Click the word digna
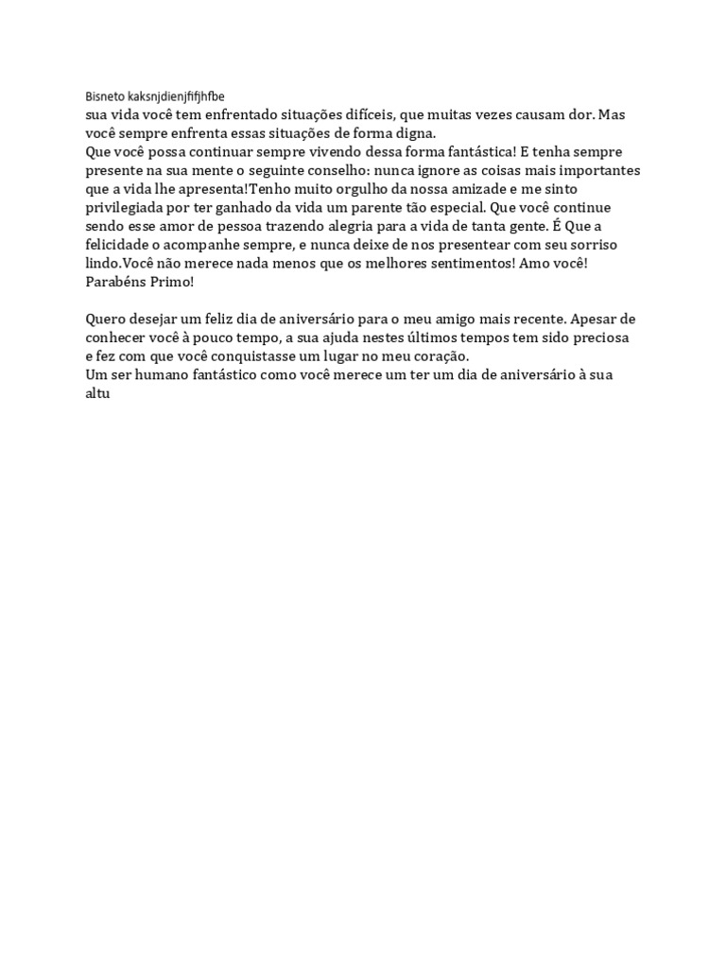[x=413, y=132]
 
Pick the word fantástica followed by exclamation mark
[x=474, y=151]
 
